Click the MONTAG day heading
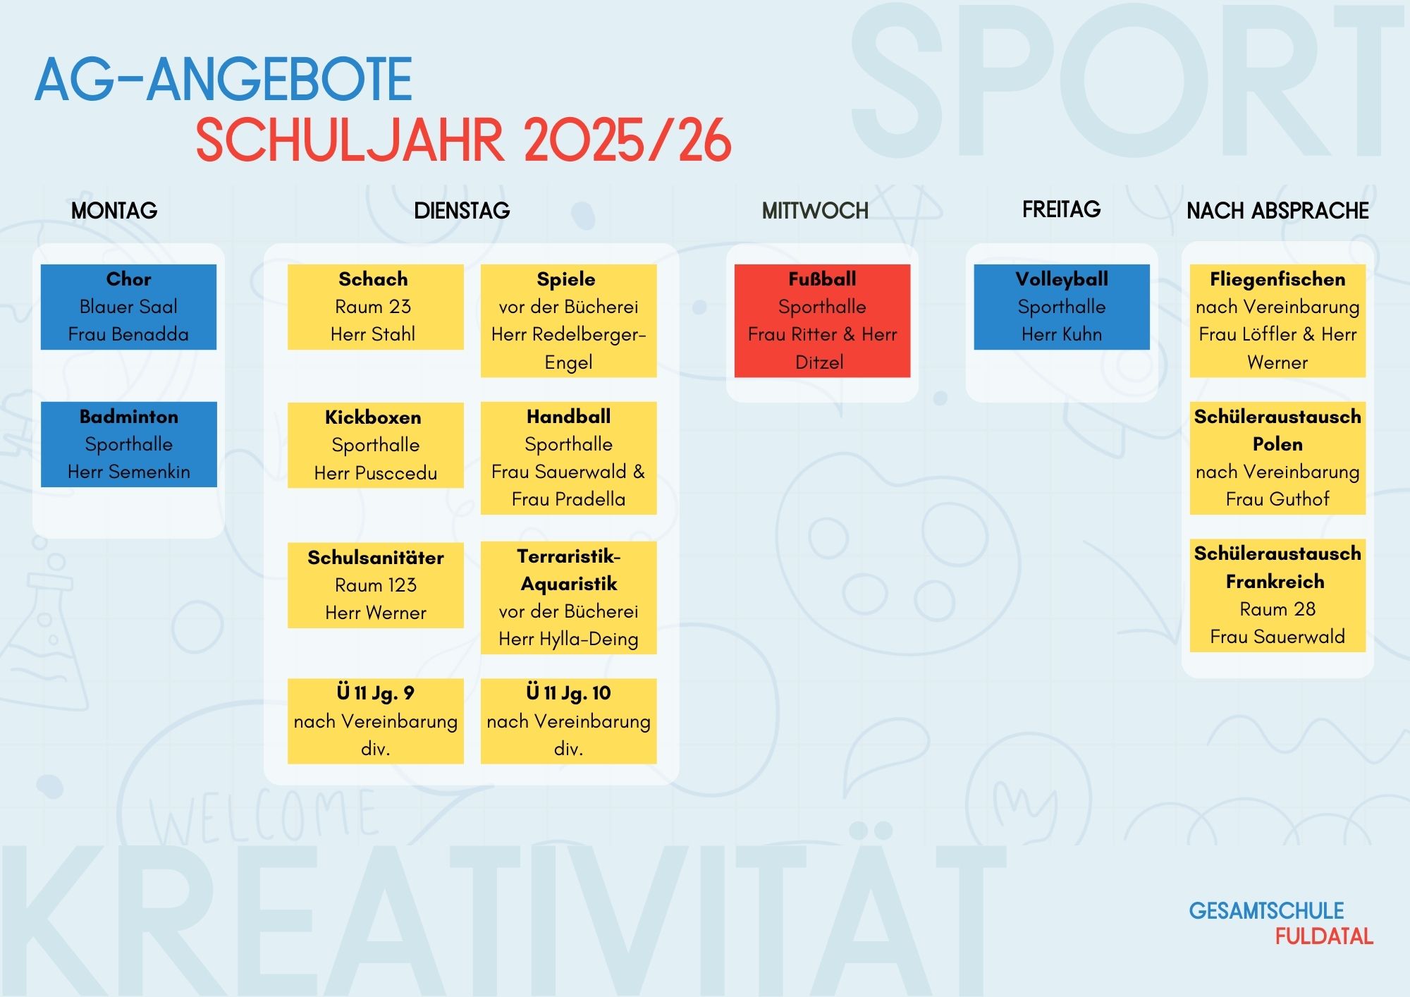pos(114,210)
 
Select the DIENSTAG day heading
pos(462,210)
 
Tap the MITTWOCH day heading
pos(815,210)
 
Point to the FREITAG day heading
pos(1061,209)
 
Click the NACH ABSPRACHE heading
pos(1277,210)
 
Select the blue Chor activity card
pos(128,307)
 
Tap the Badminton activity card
pos(129,444)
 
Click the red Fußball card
pos(822,321)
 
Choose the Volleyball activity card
pos(1062,307)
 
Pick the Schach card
pos(376,307)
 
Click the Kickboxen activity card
pos(376,445)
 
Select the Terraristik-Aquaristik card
pos(569,598)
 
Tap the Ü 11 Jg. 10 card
pos(569,721)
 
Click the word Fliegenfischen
pos(1277,279)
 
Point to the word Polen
pos(1277,444)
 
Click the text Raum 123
pos(376,585)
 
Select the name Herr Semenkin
pos(129,472)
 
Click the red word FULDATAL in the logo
pos(1324,936)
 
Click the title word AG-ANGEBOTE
pos(223,79)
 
